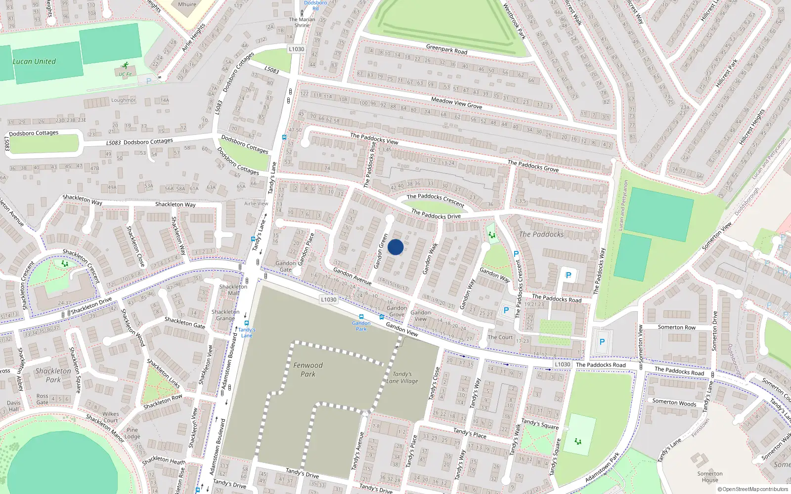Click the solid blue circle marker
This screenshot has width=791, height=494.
click(x=395, y=247)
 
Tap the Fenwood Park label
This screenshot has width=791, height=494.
click(x=308, y=370)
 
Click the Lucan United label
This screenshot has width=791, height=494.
click(x=34, y=62)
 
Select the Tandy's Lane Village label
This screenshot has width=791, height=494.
click(x=402, y=377)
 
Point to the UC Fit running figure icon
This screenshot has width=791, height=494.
click(x=126, y=66)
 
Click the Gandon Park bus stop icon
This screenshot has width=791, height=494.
click(x=361, y=317)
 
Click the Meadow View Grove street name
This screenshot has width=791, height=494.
click(x=456, y=103)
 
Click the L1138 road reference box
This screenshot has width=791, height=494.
click(x=562, y=365)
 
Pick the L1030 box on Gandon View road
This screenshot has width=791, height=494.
click(x=328, y=299)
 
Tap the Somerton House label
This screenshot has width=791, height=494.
click(x=710, y=477)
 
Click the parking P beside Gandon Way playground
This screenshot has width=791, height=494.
click(x=516, y=254)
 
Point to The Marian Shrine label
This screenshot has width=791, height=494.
click(x=302, y=22)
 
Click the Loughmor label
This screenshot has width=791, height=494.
click(x=123, y=100)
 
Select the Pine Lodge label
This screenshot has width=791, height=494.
click(x=132, y=433)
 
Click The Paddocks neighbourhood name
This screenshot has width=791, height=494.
click(x=541, y=234)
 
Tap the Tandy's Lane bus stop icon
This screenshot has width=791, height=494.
click(x=246, y=323)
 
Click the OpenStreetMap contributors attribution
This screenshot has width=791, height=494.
click(x=753, y=490)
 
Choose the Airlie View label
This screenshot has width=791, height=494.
click(x=256, y=204)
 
